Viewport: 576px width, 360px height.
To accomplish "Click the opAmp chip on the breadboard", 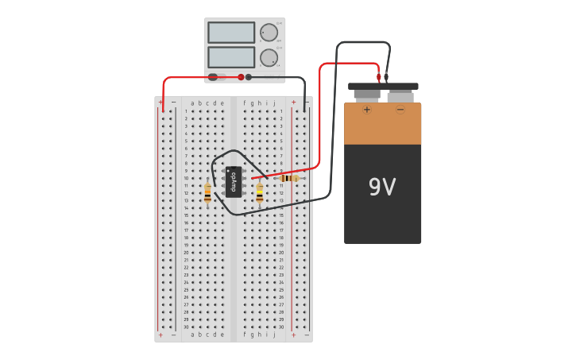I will tap(234, 181).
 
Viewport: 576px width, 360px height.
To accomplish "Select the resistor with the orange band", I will tap(207, 193).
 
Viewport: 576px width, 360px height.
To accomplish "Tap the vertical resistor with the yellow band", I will tap(259, 193).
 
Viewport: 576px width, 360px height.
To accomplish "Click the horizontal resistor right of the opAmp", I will tap(290, 178).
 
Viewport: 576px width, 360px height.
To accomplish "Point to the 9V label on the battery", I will tap(382, 188).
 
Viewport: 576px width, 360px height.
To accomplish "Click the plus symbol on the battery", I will tap(367, 110).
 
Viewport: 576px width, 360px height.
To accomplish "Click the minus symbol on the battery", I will tap(400, 110).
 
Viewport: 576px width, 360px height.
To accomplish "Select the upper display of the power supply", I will tap(231, 33).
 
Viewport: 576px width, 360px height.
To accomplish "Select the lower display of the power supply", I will tap(231, 57).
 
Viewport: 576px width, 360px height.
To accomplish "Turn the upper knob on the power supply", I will tap(269, 33).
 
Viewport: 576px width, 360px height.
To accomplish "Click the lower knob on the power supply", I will tap(269, 57).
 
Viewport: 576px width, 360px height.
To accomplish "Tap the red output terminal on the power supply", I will tap(242, 77).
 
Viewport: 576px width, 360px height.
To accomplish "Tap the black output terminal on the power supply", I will tap(249, 77).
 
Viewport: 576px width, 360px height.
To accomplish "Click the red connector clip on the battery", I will tap(379, 78).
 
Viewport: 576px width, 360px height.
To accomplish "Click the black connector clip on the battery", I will tap(386, 78).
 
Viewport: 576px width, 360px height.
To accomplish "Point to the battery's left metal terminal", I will tap(367, 95).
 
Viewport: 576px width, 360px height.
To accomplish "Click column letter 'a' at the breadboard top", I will tap(192, 103).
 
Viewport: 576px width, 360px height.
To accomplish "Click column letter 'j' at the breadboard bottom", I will tap(275, 335).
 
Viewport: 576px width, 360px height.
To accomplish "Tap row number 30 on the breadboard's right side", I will tap(280, 327).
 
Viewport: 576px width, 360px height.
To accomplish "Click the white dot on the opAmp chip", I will tap(229, 170).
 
